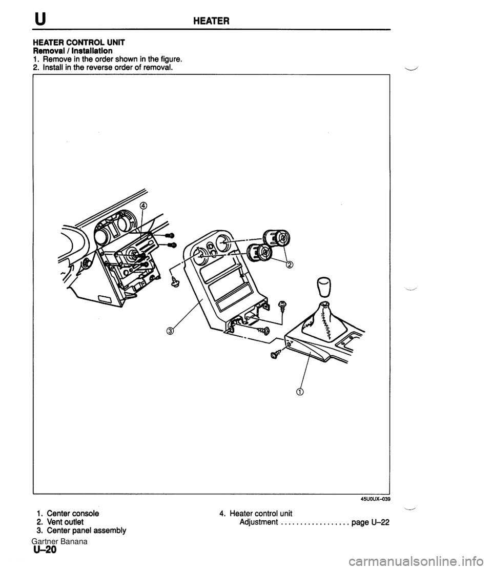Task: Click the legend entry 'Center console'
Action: tap(72, 513)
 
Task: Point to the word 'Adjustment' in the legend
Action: tap(258, 522)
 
